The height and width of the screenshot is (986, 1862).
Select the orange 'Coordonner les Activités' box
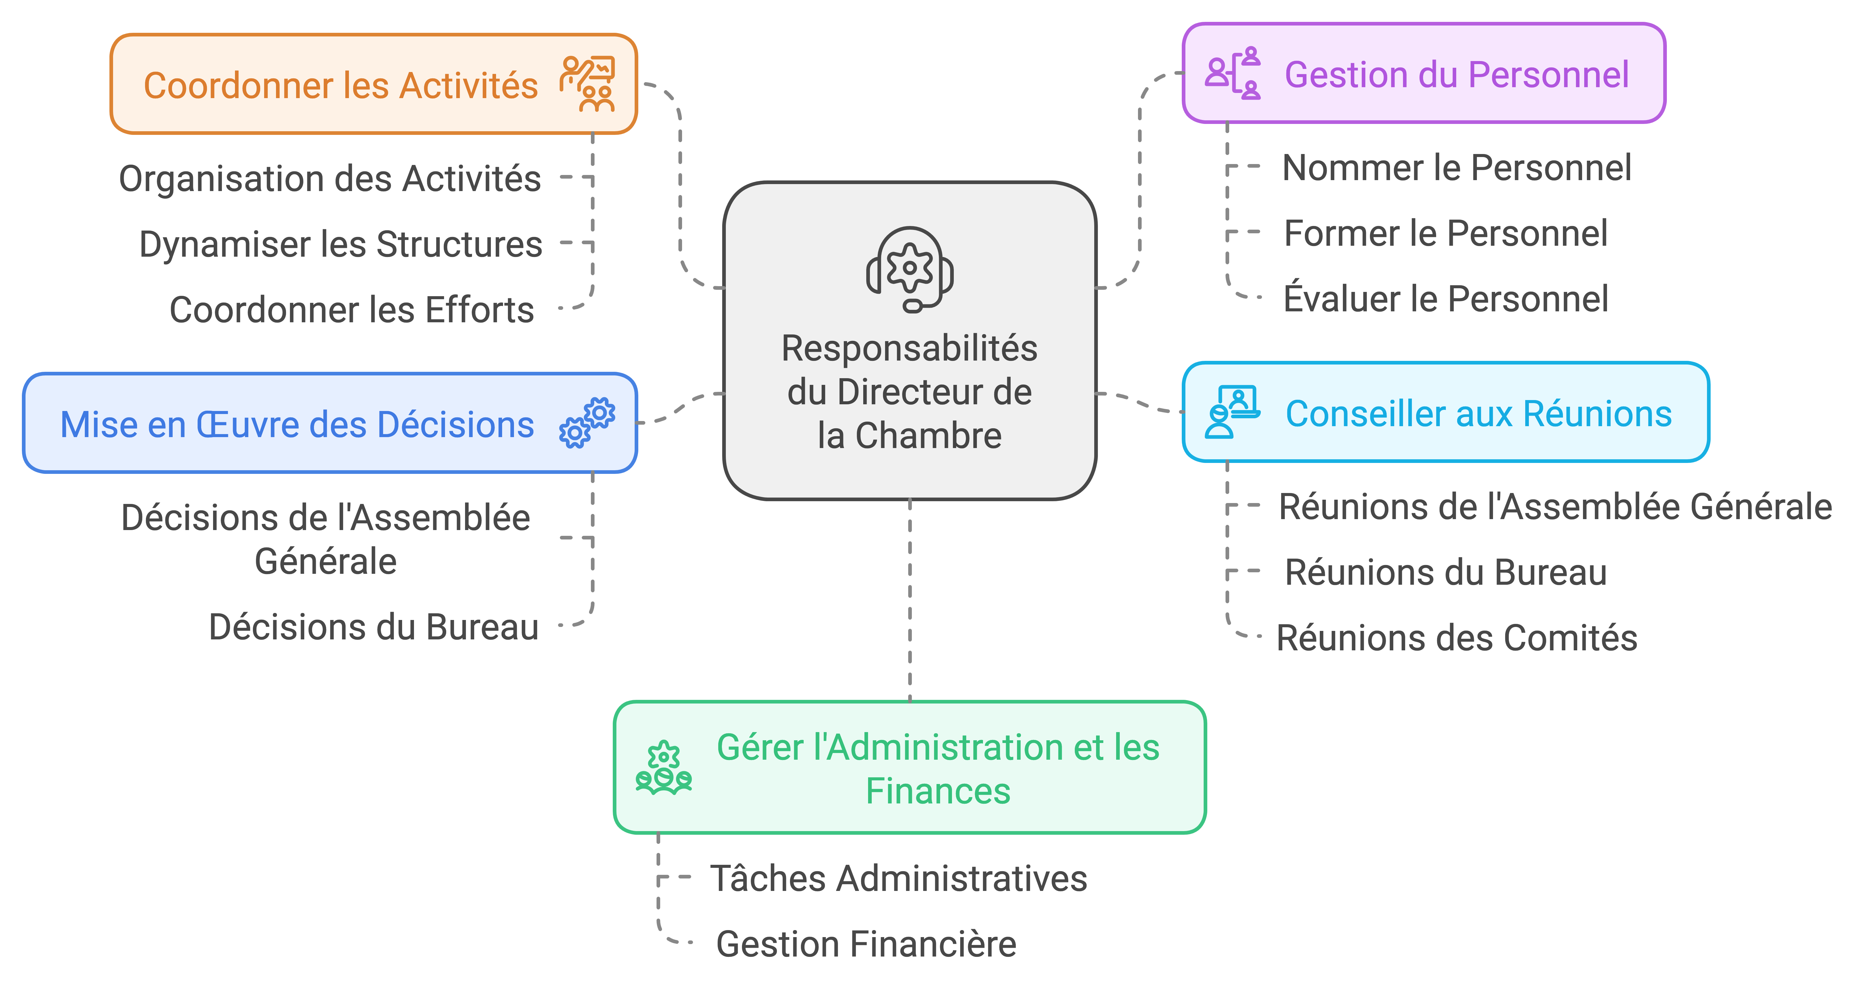[373, 84]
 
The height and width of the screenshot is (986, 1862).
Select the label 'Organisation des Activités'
[329, 178]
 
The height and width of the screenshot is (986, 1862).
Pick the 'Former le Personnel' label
[1446, 233]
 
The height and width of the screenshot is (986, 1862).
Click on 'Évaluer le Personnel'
[1446, 299]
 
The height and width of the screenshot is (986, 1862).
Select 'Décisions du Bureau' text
[374, 627]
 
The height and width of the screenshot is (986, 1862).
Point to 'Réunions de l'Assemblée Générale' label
[1555, 506]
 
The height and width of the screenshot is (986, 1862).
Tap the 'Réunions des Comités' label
[1457, 638]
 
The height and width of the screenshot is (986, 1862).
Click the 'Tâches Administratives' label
[898, 878]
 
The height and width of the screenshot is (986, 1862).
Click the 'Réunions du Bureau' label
[1446, 572]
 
